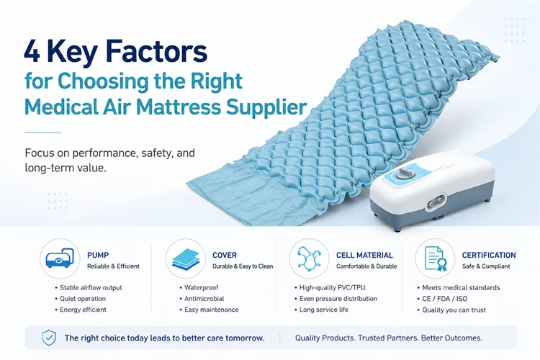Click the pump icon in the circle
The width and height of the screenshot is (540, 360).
tap(60, 258)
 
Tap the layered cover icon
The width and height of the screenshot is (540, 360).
tap(186, 259)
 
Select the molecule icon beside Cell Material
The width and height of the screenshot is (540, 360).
tap(309, 258)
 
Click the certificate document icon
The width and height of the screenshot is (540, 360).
tap(436, 258)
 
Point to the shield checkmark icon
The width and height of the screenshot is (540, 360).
tap(49, 338)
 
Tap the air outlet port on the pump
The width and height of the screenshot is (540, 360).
tap(436, 202)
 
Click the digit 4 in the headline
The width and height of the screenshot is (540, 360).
tap(32, 51)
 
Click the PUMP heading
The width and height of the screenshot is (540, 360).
tap(98, 256)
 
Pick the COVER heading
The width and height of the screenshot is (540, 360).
tap(225, 256)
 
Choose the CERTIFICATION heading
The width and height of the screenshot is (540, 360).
tap(489, 256)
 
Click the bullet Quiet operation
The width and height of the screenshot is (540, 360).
tap(83, 299)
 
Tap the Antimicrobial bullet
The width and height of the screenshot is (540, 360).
tap(204, 299)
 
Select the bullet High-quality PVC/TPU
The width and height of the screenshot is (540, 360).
tap(332, 288)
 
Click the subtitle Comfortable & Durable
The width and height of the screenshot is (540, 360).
tap(366, 266)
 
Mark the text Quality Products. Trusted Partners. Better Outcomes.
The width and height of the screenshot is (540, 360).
tap(389, 338)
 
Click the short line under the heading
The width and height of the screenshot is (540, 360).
tap(43, 132)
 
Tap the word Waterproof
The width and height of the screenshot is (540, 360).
tap(201, 288)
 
